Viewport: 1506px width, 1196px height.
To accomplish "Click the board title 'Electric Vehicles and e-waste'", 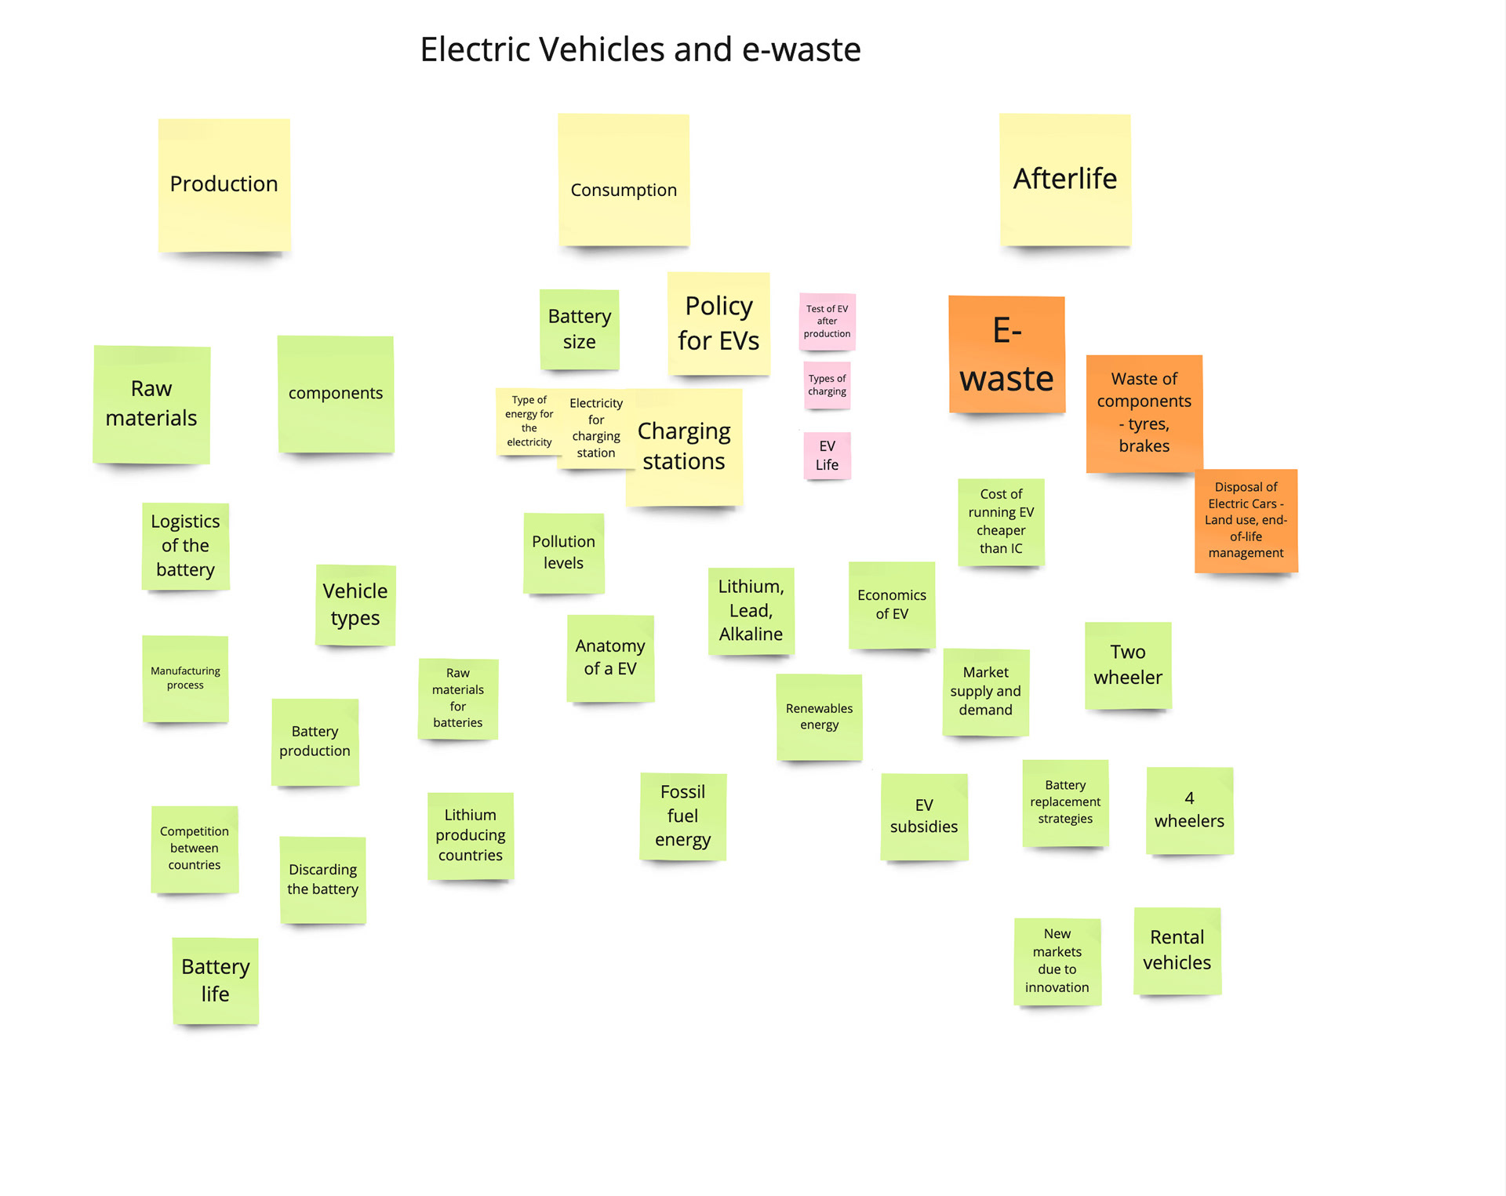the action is (x=640, y=49).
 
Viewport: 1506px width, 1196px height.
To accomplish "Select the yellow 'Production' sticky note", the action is (x=224, y=185).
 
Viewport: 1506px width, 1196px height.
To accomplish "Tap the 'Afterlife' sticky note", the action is (x=1064, y=180).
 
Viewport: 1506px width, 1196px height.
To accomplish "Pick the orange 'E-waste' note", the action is (x=1006, y=354).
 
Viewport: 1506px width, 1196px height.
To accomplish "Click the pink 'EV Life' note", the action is (x=827, y=456).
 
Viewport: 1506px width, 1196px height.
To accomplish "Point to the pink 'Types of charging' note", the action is (x=827, y=385).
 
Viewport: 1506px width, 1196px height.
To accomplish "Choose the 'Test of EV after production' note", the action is (x=827, y=322).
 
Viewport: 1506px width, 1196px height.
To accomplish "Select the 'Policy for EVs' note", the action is (x=718, y=323).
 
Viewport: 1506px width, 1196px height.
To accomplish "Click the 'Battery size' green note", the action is (x=579, y=329).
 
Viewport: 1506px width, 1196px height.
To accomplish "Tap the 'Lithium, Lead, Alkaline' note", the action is (x=751, y=611).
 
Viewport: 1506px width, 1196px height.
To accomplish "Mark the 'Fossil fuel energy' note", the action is (x=682, y=816).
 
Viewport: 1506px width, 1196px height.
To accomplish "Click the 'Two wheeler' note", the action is (x=1128, y=665).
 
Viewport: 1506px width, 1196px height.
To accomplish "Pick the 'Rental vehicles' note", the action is (x=1177, y=951).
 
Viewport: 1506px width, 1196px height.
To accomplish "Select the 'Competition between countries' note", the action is (x=195, y=849).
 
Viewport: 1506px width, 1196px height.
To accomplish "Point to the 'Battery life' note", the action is (x=215, y=980).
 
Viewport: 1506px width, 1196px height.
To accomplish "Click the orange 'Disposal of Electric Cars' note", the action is (x=1246, y=520).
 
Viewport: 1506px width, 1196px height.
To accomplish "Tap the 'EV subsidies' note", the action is (x=924, y=816).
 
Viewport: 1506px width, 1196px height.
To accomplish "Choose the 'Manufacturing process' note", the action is (x=185, y=678).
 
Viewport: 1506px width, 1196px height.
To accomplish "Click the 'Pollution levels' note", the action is (x=563, y=553).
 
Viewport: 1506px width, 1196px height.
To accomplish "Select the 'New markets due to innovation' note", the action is (x=1057, y=962).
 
